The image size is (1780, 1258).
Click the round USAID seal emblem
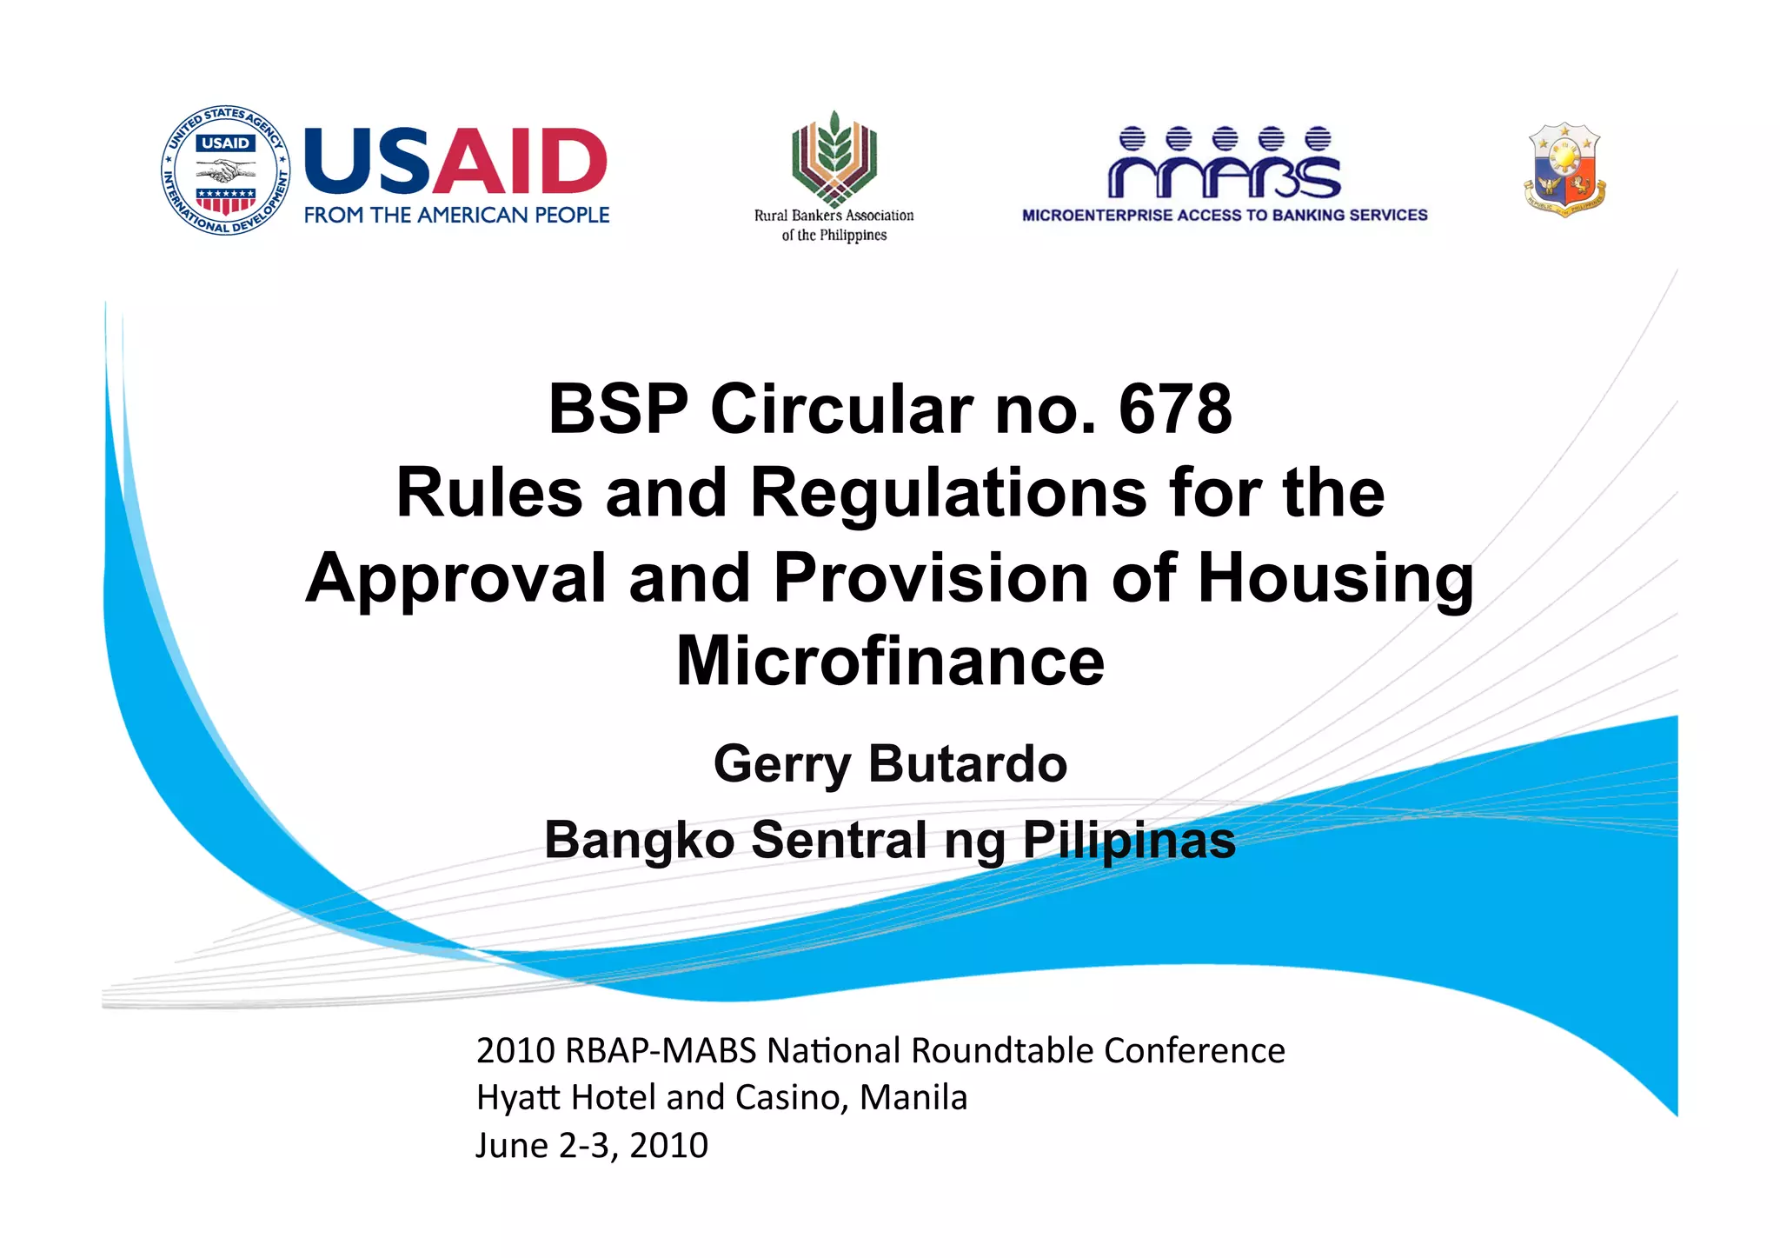[226, 170]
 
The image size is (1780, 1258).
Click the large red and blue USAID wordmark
[455, 162]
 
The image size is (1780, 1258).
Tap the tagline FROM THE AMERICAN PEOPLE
[456, 215]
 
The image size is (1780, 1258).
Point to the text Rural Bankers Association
[834, 216]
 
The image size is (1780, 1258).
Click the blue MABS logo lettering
[1225, 164]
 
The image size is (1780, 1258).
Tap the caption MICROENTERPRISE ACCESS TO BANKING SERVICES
[1225, 215]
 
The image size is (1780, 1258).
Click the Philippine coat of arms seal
[1564, 170]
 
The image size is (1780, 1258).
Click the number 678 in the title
[1175, 409]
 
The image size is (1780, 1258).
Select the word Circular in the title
[841, 409]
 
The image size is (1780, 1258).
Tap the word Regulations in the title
[948, 492]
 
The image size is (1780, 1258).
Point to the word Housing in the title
[1336, 577]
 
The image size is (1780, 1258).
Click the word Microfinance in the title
[890, 661]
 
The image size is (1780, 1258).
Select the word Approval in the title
[456, 577]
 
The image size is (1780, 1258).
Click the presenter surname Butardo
[967, 763]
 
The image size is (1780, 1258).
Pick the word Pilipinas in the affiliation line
[1129, 840]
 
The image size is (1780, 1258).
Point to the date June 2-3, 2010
[592, 1145]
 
